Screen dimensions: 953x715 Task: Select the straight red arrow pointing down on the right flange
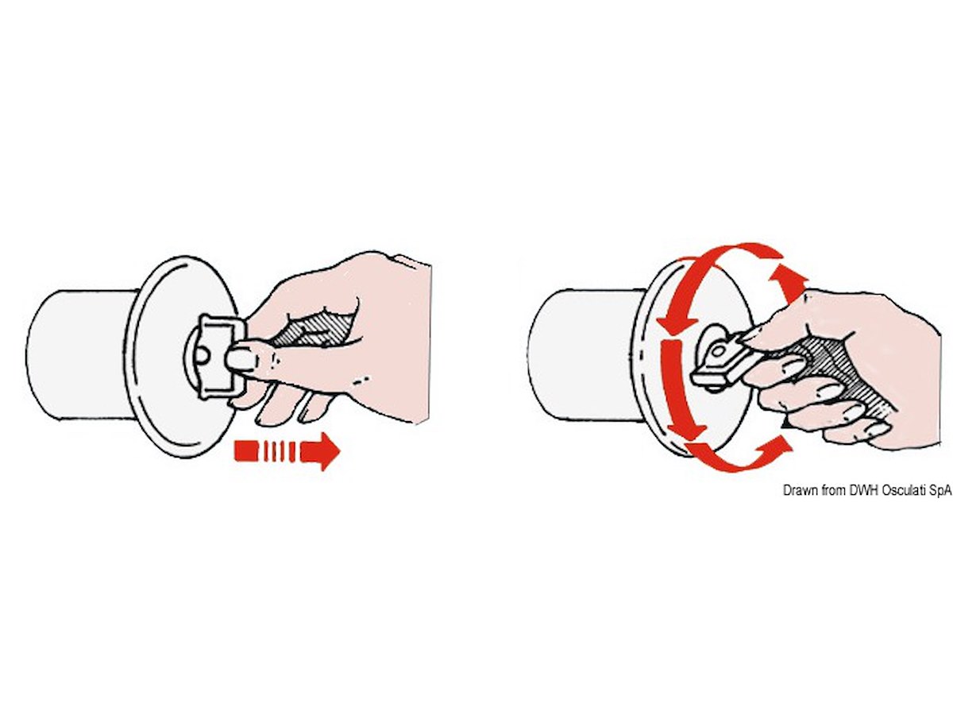coord(678,388)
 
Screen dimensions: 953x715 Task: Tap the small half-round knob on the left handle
coord(202,355)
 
